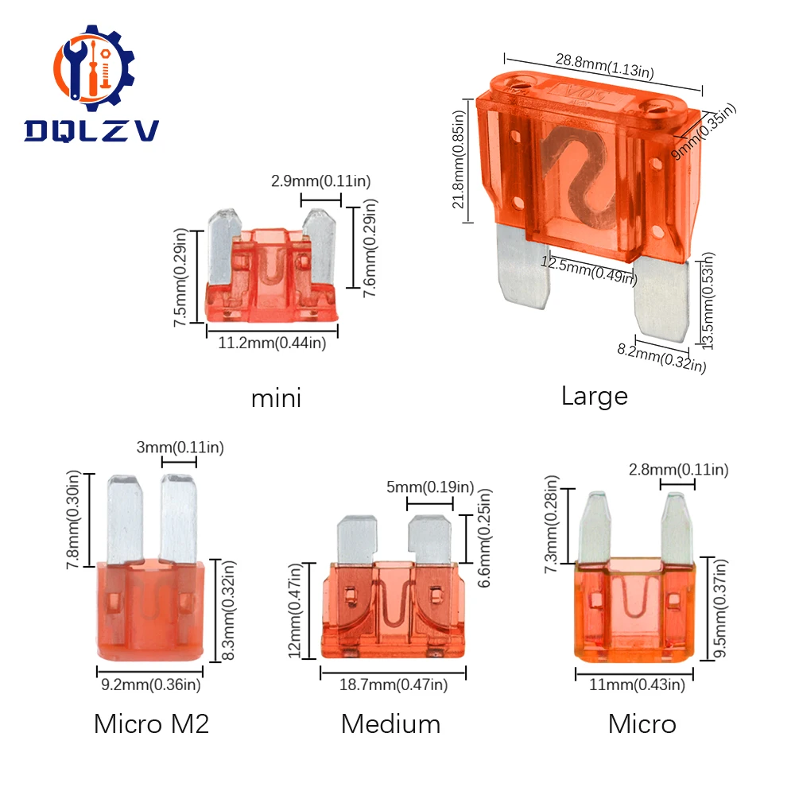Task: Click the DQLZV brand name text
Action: [x=91, y=131]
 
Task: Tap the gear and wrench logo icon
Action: [x=94, y=68]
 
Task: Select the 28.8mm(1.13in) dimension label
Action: [x=604, y=66]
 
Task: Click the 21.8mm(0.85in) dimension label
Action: [x=459, y=160]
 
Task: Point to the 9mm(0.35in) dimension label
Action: [x=704, y=131]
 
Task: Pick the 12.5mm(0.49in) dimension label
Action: [x=588, y=270]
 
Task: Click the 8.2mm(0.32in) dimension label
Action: [x=661, y=358]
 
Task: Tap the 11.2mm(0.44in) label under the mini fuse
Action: [x=272, y=343]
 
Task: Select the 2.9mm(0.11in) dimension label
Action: [x=320, y=181]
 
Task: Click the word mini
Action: [x=277, y=398]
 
